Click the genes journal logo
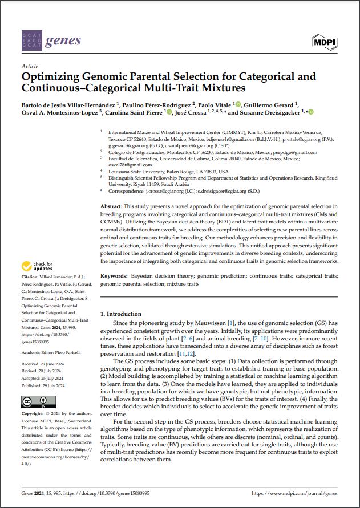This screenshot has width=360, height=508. point(51,40)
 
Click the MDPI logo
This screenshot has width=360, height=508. point(325,41)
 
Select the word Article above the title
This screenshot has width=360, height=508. point(29,67)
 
